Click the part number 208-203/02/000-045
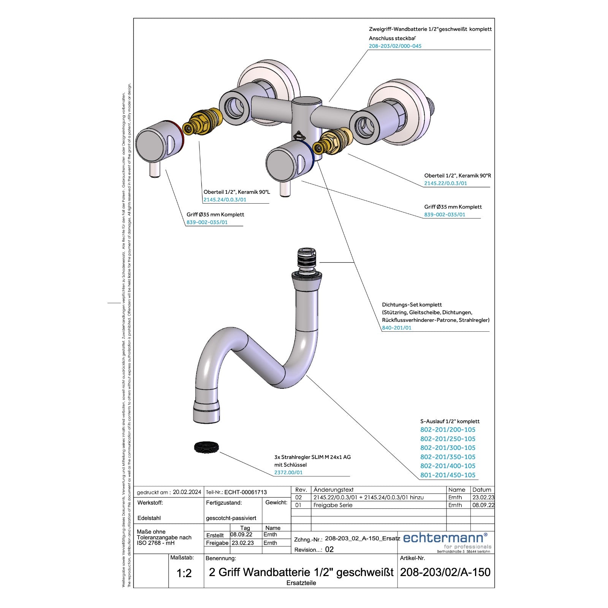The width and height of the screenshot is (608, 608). pos(395,46)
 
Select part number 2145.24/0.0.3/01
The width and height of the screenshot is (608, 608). pos(225,199)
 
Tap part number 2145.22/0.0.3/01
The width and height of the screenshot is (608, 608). pos(446,183)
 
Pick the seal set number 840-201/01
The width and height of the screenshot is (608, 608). pos(397,328)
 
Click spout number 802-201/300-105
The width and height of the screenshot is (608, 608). pos(448,448)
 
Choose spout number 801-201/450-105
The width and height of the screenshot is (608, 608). pos(448,475)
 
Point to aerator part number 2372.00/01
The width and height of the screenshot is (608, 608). pos(288,472)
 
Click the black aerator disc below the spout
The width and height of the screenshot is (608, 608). pos(207,447)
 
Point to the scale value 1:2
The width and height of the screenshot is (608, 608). pos(184,573)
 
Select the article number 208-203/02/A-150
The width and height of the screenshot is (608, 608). pos(445,572)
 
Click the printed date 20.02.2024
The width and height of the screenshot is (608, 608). pos(187,492)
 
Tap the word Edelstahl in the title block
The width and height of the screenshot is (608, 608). pos(149,518)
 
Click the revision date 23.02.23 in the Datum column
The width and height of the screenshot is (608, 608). pos(483,497)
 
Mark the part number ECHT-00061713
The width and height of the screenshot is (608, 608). pos(245,492)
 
